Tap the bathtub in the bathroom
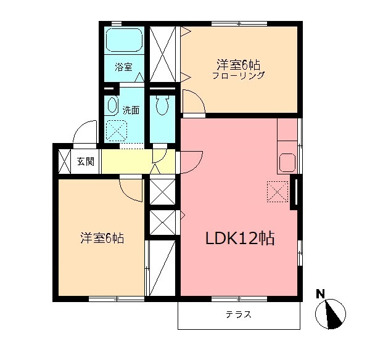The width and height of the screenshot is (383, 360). pyautogui.click(x=124, y=41)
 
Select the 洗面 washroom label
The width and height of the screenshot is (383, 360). pyautogui.click(x=130, y=110)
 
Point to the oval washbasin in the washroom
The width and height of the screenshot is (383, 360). pyautogui.click(x=112, y=105)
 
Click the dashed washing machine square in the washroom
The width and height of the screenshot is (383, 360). pyautogui.click(x=116, y=130)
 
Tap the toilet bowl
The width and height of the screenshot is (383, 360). pyautogui.click(x=163, y=105)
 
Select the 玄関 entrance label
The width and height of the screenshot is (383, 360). pyautogui.click(x=86, y=162)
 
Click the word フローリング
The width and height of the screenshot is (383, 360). pyautogui.click(x=238, y=76)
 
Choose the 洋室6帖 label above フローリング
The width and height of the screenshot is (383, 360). pyautogui.click(x=237, y=63)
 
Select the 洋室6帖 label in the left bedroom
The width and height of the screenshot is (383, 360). pyautogui.click(x=102, y=237)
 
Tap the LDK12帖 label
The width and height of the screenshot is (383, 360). pyautogui.click(x=240, y=238)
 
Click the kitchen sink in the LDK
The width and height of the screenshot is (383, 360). pyautogui.click(x=287, y=163)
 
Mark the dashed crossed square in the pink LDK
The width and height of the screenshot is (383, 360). pyautogui.click(x=278, y=192)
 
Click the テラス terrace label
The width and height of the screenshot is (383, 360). pyautogui.click(x=238, y=314)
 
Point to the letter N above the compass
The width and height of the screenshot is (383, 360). pyautogui.click(x=320, y=293)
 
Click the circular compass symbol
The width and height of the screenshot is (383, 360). pyautogui.click(x=331, y=314)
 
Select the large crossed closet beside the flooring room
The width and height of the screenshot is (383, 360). pyautogui.click(x=163, y=54)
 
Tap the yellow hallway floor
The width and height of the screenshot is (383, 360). pyautogui.click(x=126, y=163)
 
